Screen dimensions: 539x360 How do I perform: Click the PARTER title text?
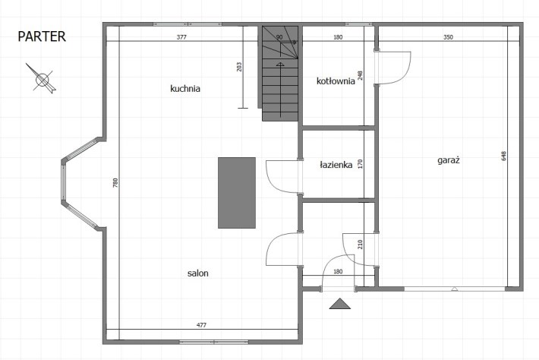tap(42, 36)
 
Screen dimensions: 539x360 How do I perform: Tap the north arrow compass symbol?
tap(42, 79)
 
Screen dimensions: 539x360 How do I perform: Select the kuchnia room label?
tap(185, 88)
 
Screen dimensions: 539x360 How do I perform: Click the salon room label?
tap(198, 273)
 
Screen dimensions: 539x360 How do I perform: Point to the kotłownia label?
tap(336, 81)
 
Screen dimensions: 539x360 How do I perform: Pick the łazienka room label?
tap(336, 165)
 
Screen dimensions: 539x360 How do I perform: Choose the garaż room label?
tap(449, 160)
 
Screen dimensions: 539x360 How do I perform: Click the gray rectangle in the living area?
tap(237, 193)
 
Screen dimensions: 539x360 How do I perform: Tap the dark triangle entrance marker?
tap(340, 304)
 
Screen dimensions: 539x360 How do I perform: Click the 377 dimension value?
tap(181, 37)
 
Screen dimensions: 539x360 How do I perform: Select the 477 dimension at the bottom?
tap(201, 325)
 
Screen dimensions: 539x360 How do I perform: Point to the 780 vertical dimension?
tap(115, 182)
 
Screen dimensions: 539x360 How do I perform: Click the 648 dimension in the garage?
tap(504, 156)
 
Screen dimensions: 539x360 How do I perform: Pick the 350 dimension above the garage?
tap(448, 37)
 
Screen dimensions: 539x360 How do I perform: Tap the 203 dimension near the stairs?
tap(239, 67)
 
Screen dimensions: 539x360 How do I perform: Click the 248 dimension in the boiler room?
tap(361, 76)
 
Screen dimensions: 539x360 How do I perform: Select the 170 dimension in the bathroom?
tap(361, 164)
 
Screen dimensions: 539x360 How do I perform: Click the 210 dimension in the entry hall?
tap(361, 245)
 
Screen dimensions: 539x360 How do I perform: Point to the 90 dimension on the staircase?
tap(279, 37)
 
